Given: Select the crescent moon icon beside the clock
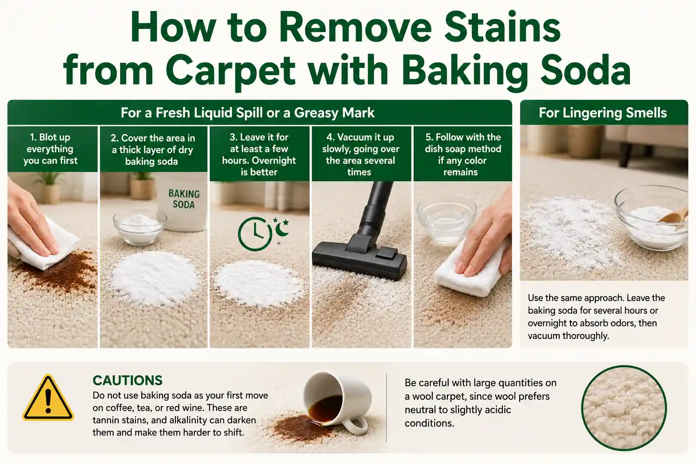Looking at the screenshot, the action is (x=282, y=229).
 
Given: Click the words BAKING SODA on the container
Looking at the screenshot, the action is (x=184, y=199).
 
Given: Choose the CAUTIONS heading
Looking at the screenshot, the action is (x=127, y=381).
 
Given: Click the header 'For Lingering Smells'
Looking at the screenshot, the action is (x=603, y=112).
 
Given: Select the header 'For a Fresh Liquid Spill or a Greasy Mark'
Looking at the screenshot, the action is (x=248, y=112).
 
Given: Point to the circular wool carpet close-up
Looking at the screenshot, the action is (x=623, y=408).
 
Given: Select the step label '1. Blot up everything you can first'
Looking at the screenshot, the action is (x=50, y=149).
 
